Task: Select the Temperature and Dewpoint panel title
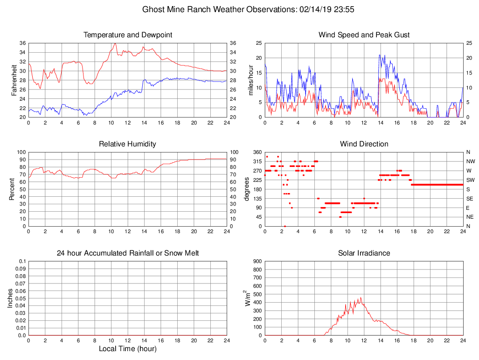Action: coord(128,35)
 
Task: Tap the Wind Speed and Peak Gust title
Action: coord(364,35)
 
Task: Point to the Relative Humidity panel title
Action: coord(127,144)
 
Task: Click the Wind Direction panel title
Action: coord(364,144)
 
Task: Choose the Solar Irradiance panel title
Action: coord(364,253)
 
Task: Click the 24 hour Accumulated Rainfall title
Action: coord(128,253)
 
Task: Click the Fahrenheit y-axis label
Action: coord(14,80)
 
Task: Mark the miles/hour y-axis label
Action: coord(251,80)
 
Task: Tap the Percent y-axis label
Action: coord(13,189)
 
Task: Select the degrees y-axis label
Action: coord(247,189)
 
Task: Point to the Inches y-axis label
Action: coord(11,298)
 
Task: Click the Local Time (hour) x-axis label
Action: coord(128,349)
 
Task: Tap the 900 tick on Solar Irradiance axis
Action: coord(257,262)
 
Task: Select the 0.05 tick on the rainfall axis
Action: coord(21,298)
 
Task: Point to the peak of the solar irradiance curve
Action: coord(361,298)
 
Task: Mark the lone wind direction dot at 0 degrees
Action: coord(285,226)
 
